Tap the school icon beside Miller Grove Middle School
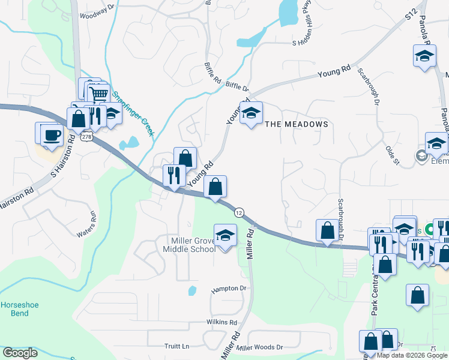225,236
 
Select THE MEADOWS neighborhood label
297,124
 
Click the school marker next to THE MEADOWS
251,112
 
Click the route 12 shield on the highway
239,213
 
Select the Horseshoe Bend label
19,309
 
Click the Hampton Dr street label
229,289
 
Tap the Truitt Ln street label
176,346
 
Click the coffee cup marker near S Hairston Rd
52,134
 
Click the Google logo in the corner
19,353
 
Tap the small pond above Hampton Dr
192,291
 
